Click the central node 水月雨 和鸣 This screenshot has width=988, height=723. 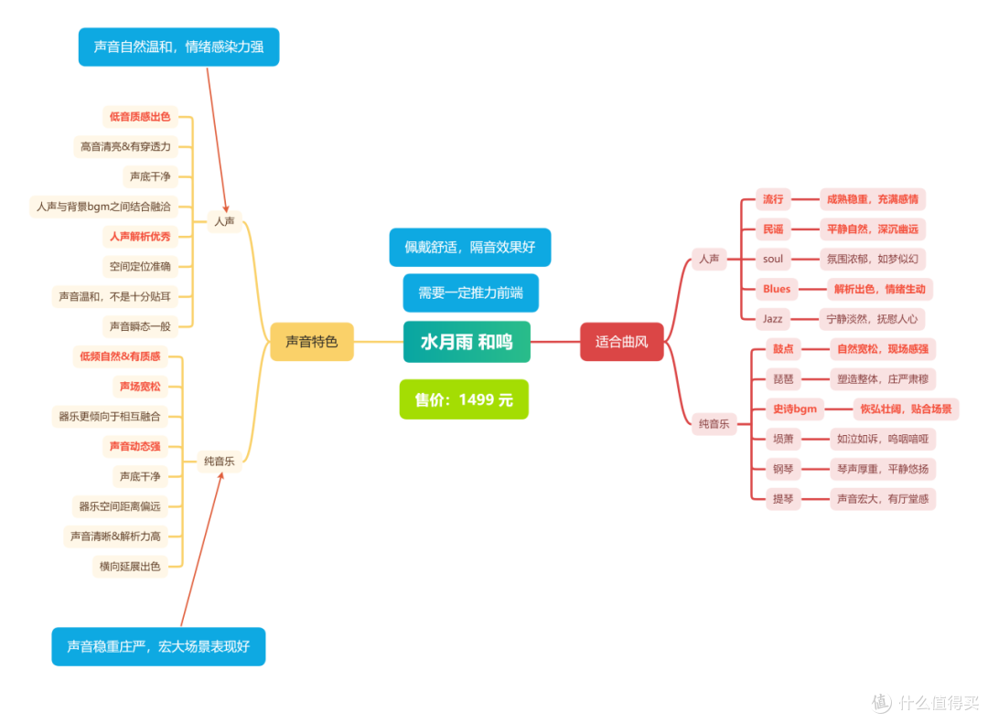click(x=467, y=342)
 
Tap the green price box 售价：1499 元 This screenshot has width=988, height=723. click(x=464, y=399)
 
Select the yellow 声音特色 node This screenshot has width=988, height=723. click(x=312, y=341)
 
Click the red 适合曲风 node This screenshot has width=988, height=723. click(x=621, y=341)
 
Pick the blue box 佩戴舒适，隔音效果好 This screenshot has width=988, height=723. click(x=470, y=247)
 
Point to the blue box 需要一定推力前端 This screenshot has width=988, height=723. click(x=471, y=292)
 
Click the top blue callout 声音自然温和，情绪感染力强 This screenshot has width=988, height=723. click(x=179, y=47)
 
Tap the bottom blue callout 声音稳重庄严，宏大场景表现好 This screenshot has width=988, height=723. click(x=159, y=646)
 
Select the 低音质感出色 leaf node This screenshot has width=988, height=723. click(x=140, y=116)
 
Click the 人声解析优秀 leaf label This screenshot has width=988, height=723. click(x=140, y=237)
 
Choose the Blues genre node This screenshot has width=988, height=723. click(x=777, y=289)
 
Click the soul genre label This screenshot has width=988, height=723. click(x=772, y=259)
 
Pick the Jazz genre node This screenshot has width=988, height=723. click(x=772, y=319)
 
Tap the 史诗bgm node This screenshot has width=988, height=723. click(x=795, y=409)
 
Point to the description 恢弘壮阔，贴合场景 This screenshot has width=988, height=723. click(x=906, y=409)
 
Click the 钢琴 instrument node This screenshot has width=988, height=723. click(x=783, y=469)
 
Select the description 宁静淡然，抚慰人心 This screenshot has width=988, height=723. click(x=872, y=319)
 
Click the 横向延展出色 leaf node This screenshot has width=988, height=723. click(x=130, y=566)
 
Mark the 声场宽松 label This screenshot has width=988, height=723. click(x=140, y=386)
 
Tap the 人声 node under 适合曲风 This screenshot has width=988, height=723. click(x=709, y=259)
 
